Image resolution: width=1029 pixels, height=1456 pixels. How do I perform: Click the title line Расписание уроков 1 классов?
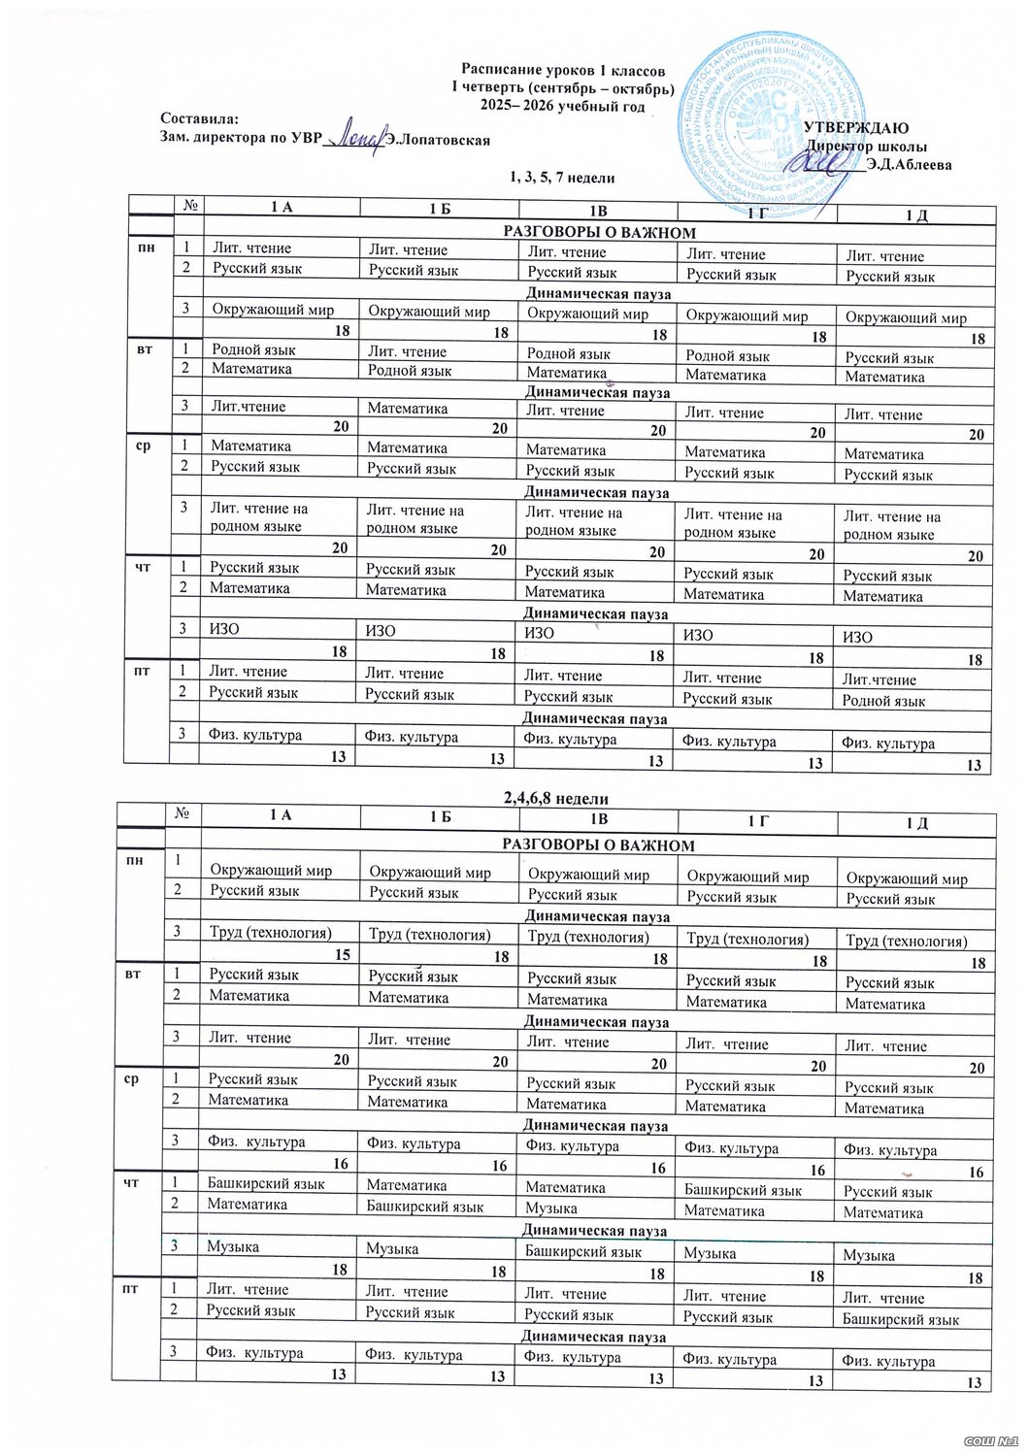pyautogui.click(x=563, y=71)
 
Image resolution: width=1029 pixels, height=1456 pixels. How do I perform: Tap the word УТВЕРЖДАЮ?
pyautogui.click(x=855, y=127)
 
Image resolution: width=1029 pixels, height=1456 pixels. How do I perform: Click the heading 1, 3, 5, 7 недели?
pyautogui.click(x=563, y=179)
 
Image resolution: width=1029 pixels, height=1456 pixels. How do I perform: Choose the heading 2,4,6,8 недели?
pyautogui.click(x=556, y=798)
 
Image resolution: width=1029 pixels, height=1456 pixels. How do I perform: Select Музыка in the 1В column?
pyautogui.click(x=550, y=1208)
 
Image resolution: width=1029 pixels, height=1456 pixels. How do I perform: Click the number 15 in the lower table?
pyautogui.click(x=341, y=957)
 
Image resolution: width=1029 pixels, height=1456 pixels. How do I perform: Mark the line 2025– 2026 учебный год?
pyautogui.click(x=563, y=106)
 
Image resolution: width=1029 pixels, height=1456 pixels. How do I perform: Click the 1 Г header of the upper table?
pyautogui.click(x=757, y=212)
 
